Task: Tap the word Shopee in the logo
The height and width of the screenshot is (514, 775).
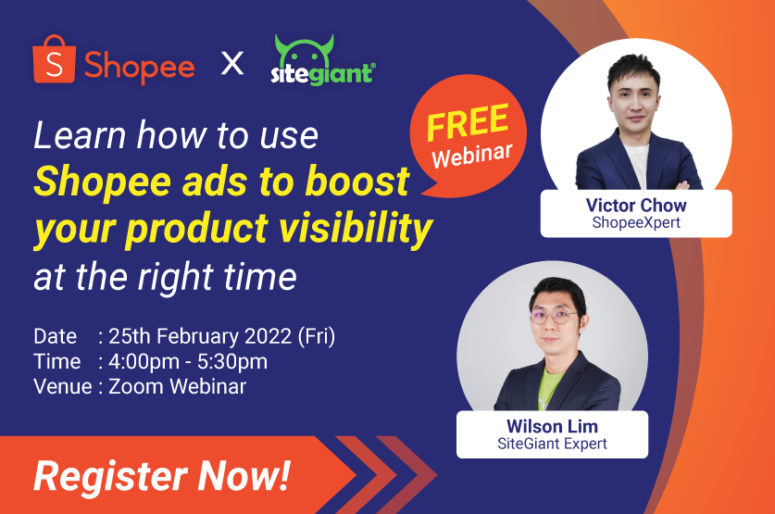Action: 139,65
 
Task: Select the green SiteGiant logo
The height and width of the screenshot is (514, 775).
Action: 323,62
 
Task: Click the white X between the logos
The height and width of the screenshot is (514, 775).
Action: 233,65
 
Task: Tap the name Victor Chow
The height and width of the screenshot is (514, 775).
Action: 635,205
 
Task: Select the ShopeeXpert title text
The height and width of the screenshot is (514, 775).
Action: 635,223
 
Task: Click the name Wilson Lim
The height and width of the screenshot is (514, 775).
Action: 552,426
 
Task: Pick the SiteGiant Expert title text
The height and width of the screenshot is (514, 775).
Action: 552,445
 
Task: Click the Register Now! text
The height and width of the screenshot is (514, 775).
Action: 162,476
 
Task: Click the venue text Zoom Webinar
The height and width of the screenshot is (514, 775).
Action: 178,386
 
